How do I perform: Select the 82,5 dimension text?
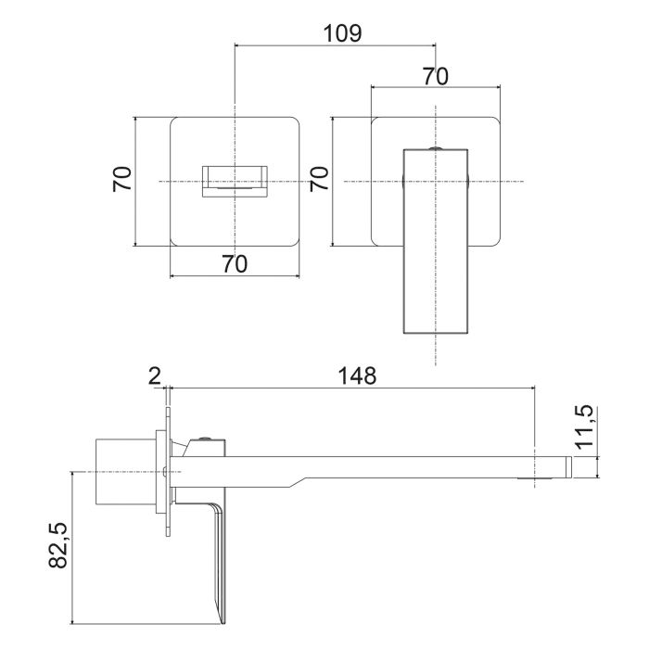tap(58, 545)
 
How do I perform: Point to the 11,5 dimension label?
tap(584, 427)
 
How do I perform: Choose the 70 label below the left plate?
tap(235, 263)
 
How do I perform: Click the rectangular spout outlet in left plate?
tap(235, 179)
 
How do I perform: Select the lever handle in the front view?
tap(435, 241)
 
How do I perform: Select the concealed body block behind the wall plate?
tap(125, 472)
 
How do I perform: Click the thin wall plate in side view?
tap(168, 472)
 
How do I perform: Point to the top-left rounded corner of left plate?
tap(176, 121)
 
